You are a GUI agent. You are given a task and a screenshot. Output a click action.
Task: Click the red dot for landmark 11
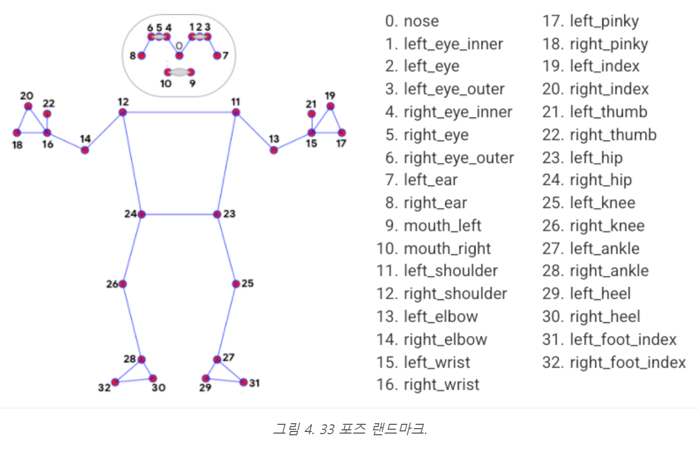point(236,113)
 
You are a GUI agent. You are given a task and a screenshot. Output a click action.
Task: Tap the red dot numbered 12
point(122,113)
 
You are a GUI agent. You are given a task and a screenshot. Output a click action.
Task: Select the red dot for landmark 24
point(142,214)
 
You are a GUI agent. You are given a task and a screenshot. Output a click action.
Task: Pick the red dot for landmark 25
point(236,284)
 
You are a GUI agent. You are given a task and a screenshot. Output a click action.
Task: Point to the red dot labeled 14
point(85,150)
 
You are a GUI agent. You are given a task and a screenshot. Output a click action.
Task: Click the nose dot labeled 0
point(179,55)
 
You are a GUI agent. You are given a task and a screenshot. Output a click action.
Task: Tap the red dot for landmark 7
point(217,55)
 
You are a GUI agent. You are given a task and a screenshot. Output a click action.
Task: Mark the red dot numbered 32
point(115,382)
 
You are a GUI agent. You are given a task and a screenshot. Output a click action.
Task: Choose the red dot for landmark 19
point(330,106)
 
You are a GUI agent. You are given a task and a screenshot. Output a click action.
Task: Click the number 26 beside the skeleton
point(112,284)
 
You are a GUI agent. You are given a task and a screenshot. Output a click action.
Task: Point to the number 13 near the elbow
point(274,138)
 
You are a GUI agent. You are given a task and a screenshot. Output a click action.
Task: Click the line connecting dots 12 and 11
point(179,113)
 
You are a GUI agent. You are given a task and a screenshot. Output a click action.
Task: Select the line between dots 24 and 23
point(179,214)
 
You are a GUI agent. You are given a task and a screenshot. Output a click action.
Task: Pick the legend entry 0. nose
point(412,21)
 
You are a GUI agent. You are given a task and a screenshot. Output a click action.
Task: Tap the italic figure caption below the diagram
point(349,429)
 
